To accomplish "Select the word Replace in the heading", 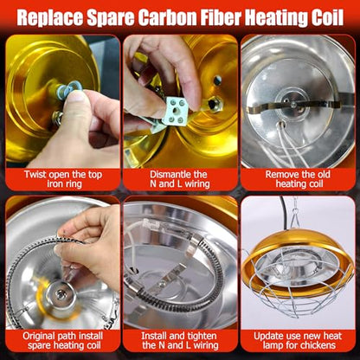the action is (x=50, y=19).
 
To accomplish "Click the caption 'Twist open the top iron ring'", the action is (x=63, y=179).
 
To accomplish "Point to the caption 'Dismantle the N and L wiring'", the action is (x=180, y=179).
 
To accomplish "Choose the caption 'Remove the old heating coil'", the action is (x=298, y=179).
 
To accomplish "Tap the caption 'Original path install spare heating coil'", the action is (x=63, y=341).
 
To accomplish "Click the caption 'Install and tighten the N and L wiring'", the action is (x=180, y=341).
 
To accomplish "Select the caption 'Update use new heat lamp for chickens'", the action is (x=298, y=341).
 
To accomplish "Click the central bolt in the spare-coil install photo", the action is (x=61, y=295).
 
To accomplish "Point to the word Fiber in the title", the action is (x=222, y=18).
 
